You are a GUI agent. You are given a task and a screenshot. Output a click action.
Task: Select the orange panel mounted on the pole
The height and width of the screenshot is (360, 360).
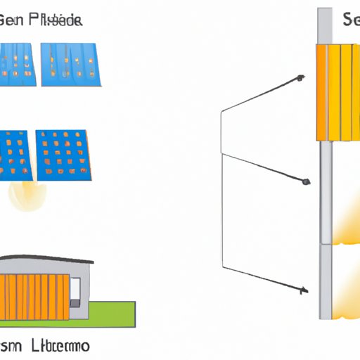point(337,91)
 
